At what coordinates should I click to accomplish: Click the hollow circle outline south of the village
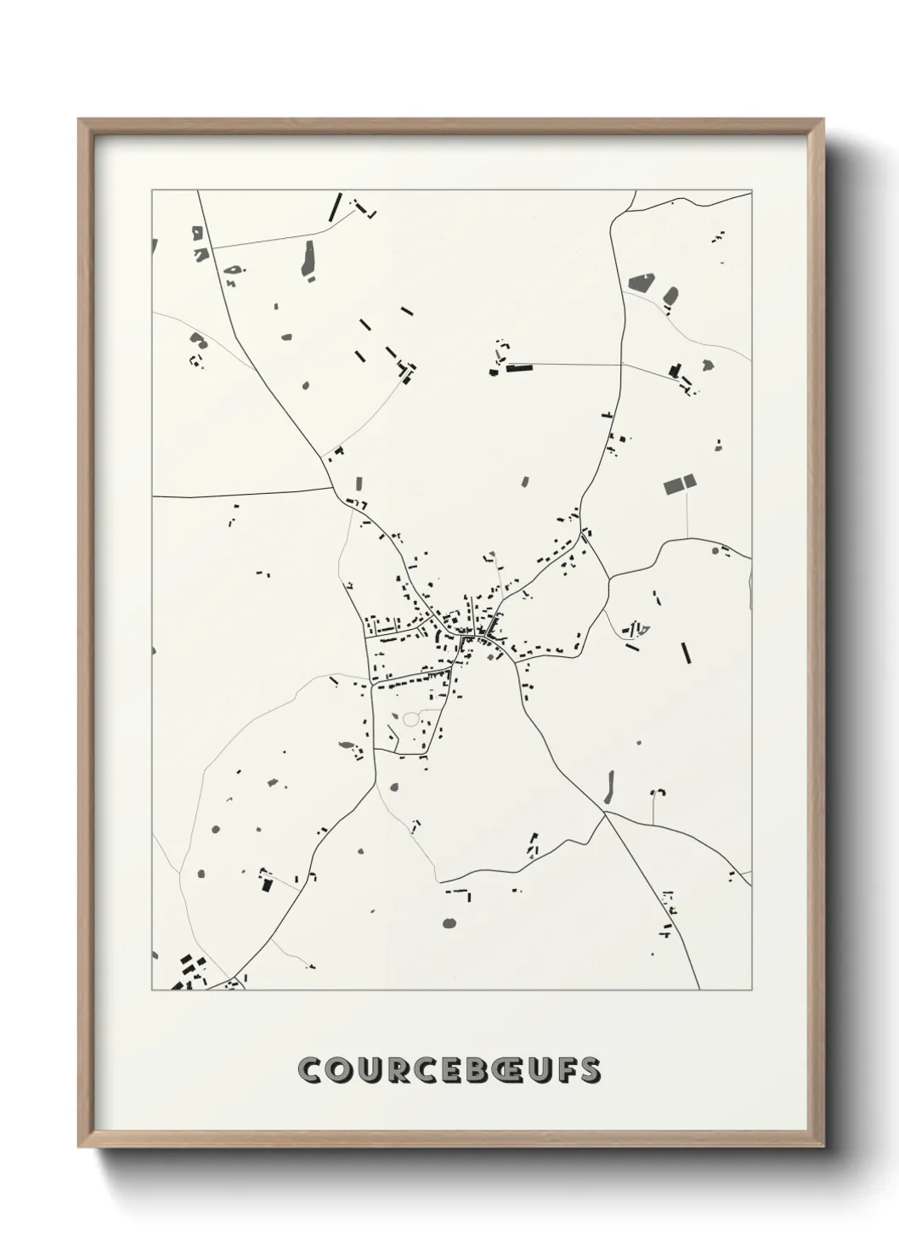(411, 720)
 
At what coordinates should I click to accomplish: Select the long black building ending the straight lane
(517, 368)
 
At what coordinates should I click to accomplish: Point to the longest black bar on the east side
(686, 652)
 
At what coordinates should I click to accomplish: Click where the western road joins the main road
(331, 488)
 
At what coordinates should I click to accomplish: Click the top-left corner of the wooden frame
(79, 120)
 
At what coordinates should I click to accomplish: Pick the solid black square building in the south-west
(267, 884)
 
